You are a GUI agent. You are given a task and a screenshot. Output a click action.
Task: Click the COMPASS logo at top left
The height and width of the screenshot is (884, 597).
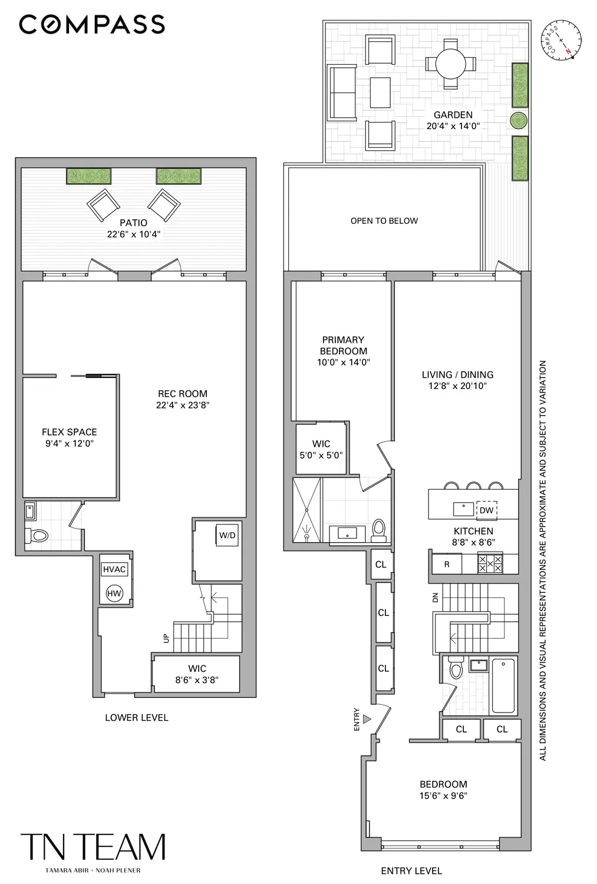(92, 24)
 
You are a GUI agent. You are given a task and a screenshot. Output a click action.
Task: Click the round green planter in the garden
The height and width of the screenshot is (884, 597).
(519, 120)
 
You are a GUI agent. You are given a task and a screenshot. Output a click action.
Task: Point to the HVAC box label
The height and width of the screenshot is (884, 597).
(114, 569)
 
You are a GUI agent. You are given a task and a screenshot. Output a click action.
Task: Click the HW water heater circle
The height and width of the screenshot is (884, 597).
(114, 593)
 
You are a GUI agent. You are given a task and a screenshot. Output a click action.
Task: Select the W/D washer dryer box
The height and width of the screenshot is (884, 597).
(227, 535)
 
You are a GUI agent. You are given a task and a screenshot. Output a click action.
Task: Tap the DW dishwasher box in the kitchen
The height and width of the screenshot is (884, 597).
(486, 510)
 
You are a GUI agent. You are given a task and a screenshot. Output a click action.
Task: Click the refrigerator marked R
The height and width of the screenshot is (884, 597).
(447, 564)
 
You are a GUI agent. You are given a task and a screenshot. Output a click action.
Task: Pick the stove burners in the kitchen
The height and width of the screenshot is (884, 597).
(490, 563)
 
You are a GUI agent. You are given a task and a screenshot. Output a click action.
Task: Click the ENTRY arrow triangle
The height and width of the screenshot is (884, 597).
(367, 719)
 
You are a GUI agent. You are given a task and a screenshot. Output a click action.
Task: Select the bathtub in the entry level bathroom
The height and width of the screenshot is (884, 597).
(503, 685)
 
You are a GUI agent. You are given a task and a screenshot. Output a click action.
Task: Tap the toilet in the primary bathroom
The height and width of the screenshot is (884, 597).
(378, 530)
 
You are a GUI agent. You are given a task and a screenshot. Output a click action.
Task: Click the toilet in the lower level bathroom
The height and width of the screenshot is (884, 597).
(37, 536)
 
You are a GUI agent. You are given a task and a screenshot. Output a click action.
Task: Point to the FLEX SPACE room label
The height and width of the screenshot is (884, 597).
(70, 432)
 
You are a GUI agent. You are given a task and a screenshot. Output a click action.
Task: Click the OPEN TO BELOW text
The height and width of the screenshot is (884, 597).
(384, 221)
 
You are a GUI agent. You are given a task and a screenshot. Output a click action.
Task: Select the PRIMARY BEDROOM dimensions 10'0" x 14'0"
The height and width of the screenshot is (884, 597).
(343, 362)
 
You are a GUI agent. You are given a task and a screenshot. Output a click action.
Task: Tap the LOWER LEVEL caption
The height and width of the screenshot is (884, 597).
(137, 717)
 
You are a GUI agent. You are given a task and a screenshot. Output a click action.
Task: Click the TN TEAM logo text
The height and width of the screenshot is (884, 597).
(93, 847)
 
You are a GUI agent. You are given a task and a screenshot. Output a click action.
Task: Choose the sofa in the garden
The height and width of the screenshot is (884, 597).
(341, 93)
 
